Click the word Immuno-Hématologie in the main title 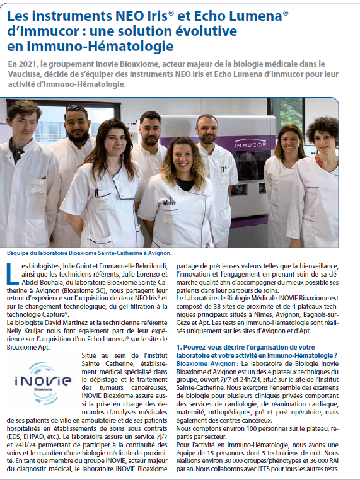tap(102, 46)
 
